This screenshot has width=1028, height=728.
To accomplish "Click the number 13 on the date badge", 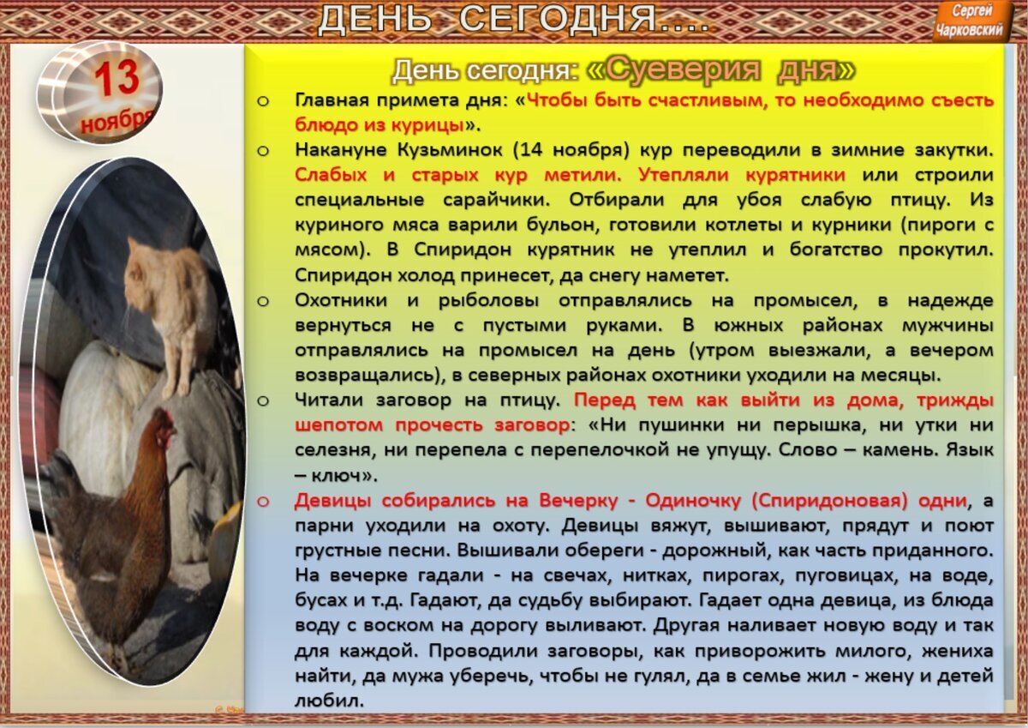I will pyautogui.click(x=117, y=80).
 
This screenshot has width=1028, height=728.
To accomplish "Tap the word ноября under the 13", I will pyautogui.click(x=117, y=119).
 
